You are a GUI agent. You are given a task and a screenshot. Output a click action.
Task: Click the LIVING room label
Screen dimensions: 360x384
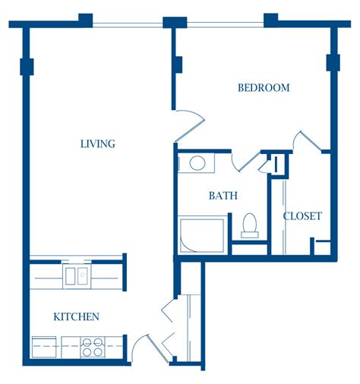[98, 143]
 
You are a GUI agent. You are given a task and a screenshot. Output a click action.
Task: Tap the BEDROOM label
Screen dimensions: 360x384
[264, 87]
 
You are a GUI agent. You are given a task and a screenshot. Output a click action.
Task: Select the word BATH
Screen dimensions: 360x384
[223, 196]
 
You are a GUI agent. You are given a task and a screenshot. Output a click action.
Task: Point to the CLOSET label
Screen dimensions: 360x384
[302, 216]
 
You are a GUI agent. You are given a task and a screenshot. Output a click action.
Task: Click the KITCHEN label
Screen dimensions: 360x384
[76, 316]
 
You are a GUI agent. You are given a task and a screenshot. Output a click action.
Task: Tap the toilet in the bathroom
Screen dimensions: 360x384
[250, 225]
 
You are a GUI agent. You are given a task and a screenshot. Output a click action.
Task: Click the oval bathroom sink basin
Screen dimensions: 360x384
[197, 162]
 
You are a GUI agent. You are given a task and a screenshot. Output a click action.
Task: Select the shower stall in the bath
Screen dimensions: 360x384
[202, 234]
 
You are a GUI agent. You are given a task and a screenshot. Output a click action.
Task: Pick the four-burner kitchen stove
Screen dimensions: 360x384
[93, 347]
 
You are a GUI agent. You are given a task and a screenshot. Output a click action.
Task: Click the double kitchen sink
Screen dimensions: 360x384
[77, 276]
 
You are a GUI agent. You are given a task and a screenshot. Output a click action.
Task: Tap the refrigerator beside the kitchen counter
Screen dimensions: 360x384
[44, 347]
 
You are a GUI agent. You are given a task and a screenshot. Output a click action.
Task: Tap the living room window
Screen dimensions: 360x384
[128, 25]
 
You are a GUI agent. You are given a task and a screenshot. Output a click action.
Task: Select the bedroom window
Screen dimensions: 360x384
[226, 24]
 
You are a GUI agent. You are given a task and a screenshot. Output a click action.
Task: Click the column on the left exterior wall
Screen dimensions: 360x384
[27, 67]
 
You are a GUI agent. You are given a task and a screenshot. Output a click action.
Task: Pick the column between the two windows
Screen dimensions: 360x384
[175, 23]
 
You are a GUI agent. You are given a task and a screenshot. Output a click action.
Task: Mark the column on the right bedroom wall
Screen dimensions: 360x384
[333, 62]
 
